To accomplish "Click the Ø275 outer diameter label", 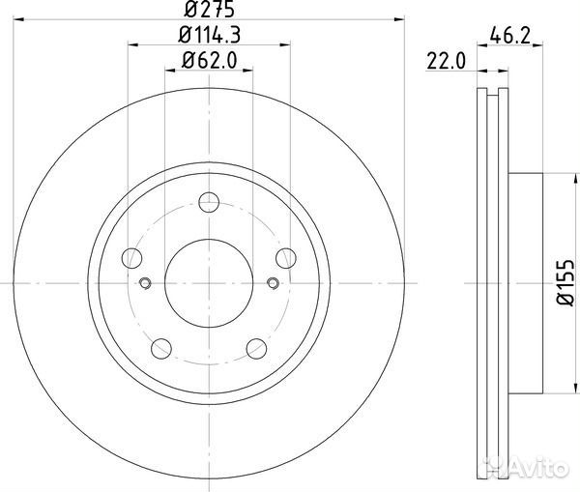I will point(209,12).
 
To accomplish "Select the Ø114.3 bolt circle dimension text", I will point(210,38).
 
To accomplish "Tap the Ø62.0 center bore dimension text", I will point(209,63).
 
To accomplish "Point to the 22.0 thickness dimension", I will point(446,63).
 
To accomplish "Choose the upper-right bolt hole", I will point(285,257).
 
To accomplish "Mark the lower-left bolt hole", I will point(162,348).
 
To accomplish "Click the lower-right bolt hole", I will point(256,348).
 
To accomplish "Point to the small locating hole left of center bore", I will point(145,283).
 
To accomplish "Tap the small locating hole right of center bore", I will point(273,283).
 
